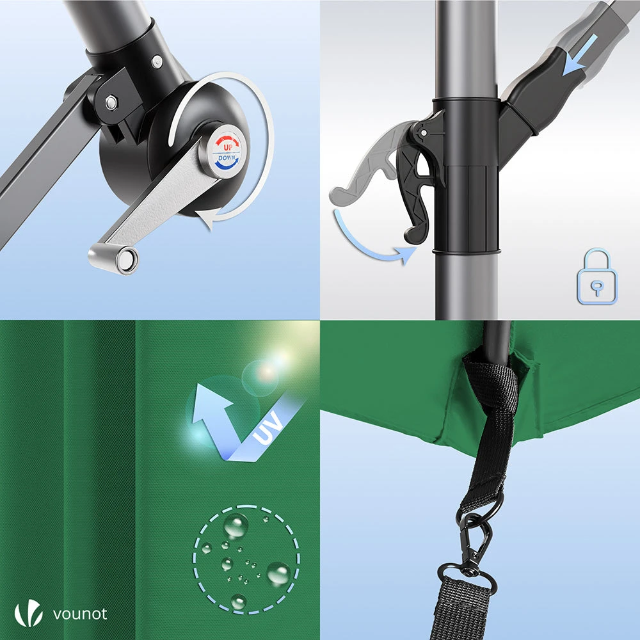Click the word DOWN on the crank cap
[x=227, y=158]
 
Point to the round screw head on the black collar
[x=157, y=62]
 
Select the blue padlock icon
[x=596, y=276]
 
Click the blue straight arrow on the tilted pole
[x=580, y=55]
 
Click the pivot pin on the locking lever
[x=424, y=133]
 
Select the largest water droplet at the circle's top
[x=236, y=525]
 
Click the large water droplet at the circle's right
[x=279, y=573]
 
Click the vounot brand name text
[x=80, y=614]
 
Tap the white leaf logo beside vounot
[x=29, y=612]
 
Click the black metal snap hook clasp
[x=476, y=539]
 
